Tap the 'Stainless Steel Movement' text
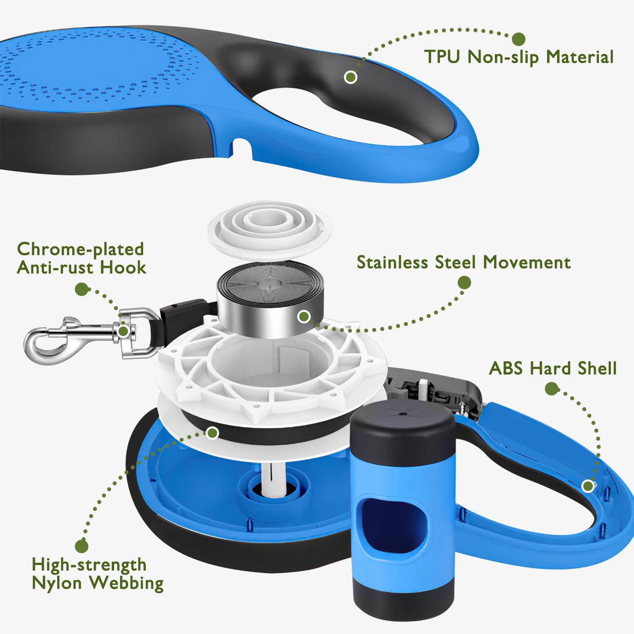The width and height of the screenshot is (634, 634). coord(463,263)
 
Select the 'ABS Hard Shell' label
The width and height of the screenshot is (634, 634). coord(552,369)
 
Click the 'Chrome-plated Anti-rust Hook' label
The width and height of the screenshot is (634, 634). coord(81,258)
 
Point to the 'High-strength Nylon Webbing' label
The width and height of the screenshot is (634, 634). coord(97,574)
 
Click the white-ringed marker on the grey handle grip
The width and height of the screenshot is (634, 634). coord(350,77)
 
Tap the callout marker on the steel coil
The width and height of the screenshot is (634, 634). coord(304,317)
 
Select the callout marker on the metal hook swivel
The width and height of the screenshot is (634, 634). coord(123,331)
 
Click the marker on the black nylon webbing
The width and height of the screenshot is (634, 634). coord(213,433)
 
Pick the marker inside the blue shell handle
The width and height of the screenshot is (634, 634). coord(588,486)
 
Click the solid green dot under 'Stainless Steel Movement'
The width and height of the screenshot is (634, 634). coord(464,283)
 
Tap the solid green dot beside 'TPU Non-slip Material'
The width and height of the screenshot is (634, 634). coord(518,39)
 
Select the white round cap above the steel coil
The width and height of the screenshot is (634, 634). coord(269,228)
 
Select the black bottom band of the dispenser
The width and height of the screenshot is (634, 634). coord(403,598)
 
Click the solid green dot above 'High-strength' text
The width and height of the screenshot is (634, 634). coord(82,546)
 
